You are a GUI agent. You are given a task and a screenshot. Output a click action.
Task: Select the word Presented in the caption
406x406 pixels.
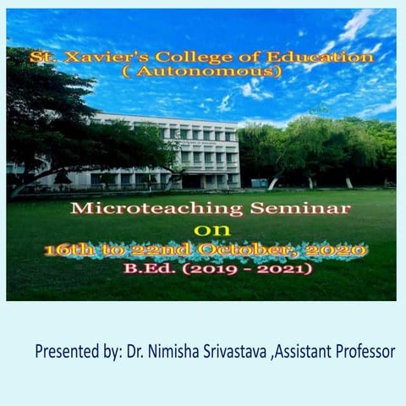pyautogui.click(x=69, y=351)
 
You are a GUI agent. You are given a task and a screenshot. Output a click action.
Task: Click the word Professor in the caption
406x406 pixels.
pyautogui.click(x=373, y=351)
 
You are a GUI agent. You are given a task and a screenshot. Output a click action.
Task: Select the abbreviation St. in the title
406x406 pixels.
pyautogui.click(x=38, y=58)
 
